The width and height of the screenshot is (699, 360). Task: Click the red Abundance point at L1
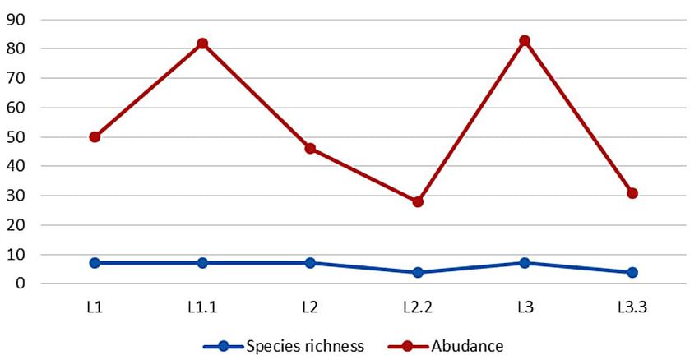pos(95,137)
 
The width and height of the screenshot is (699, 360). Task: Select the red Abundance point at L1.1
pos(202,44)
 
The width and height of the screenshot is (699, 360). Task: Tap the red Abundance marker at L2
pos(310,149)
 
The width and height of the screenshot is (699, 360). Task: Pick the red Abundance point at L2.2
pos(418,201)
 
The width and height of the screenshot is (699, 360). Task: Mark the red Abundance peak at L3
pos(525,40)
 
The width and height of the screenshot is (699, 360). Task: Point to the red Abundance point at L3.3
pos(632,193)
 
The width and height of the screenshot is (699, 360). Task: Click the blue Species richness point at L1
pos(95,263)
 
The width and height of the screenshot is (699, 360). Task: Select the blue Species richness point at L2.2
pos(418,272)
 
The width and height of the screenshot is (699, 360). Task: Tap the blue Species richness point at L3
pos(525,263)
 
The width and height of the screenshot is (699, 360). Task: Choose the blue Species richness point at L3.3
pos(632,272)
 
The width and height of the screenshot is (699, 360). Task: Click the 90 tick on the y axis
pos(16,20)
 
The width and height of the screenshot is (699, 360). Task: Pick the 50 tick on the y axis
pos(16,136)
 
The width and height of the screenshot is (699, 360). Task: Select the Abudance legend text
pos(467,345)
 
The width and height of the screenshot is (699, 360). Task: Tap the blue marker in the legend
pos(225,345)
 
